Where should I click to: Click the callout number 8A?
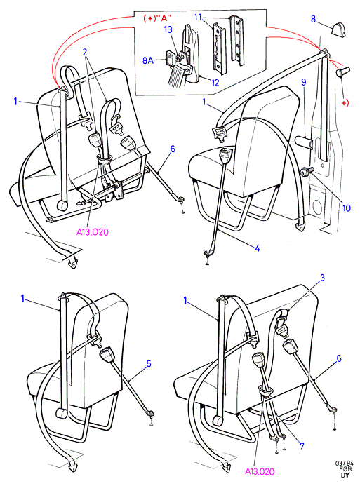pos(148,60)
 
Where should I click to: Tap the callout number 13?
pos(168,29)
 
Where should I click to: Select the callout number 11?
pos(198,17)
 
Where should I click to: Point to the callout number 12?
pos(215,83)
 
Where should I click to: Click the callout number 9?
pos(303,82)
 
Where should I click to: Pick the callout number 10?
pos(346,208)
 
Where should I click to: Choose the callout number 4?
pos(257,248)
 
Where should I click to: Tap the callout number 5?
pos(149,364)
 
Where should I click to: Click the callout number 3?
pos(322,278)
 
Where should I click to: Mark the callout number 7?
pos(302,445)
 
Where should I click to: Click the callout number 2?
pos(85,52)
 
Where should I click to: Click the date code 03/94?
pos(345,463)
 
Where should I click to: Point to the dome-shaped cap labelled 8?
pos(338,27)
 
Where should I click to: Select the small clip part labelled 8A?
pos(171,58)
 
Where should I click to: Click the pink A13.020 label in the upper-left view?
pos(93,232)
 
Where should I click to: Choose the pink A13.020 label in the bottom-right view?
pos(260,471)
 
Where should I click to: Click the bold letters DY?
pos(345,475)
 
